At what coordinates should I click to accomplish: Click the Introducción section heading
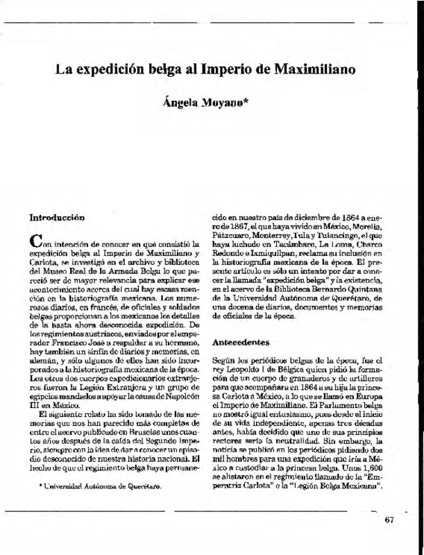56,216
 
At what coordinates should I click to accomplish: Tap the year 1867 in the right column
237,225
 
